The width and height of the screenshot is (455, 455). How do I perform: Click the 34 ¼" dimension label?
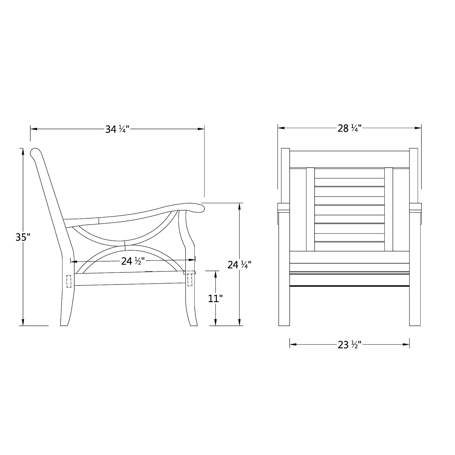pyautogui.click(x=117, y=130)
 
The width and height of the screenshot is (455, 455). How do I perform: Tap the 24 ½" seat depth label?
pyautogui.click(x=133, y=261)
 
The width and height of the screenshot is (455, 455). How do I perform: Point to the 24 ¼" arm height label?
pyautogui.click(x=239, y=265)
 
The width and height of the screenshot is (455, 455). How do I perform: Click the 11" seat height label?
pyautogui.click(x=215, y=298)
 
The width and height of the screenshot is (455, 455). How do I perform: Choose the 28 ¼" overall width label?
pyautogui.click(x=349, y=129)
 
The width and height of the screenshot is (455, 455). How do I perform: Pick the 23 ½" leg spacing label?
pyautogui.click(x=349, y=345)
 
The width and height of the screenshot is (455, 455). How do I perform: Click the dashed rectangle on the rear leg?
pyautogui.click(x=69, y=281)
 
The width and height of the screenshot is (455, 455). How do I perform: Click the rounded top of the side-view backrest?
pyautogui.click(x=35, y=152)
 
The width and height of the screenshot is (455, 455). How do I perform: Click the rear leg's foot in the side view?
pyautogui.click(x=65, y=323)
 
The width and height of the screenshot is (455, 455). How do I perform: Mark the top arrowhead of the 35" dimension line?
pyautogui.click(x=22, y=152)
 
